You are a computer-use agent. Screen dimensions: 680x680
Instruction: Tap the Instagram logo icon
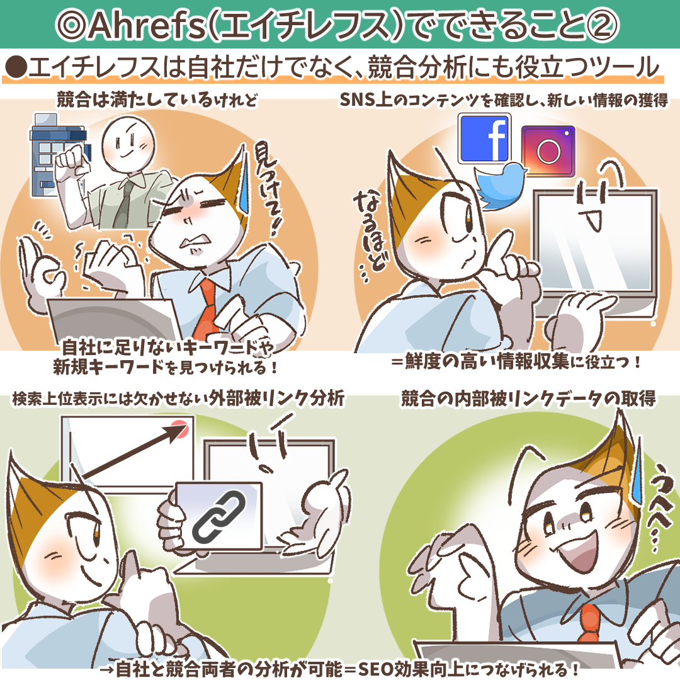(x=548, y=150)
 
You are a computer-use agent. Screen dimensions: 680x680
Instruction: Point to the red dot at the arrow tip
(x=181, y=428)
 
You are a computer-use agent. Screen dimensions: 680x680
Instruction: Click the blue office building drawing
(x=60, y=149)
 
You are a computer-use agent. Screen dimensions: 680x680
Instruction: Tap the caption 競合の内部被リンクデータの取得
(x=528, y=399)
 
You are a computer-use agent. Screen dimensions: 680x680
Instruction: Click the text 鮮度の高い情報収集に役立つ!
(x=515, y=363)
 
